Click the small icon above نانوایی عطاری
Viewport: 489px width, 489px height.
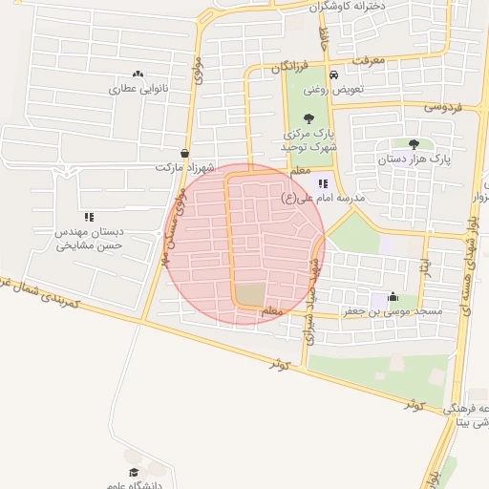coord(138,74)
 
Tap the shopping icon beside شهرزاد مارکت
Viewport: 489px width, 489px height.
coord(184,153)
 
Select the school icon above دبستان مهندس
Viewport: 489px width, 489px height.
coord(89,218)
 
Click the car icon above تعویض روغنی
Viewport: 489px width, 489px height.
coord(331,74)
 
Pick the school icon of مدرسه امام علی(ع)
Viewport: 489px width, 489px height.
coord(323,183)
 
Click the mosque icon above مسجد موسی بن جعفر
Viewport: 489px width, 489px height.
coord(393,297)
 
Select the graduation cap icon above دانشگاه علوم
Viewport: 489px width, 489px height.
coord(134,472)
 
